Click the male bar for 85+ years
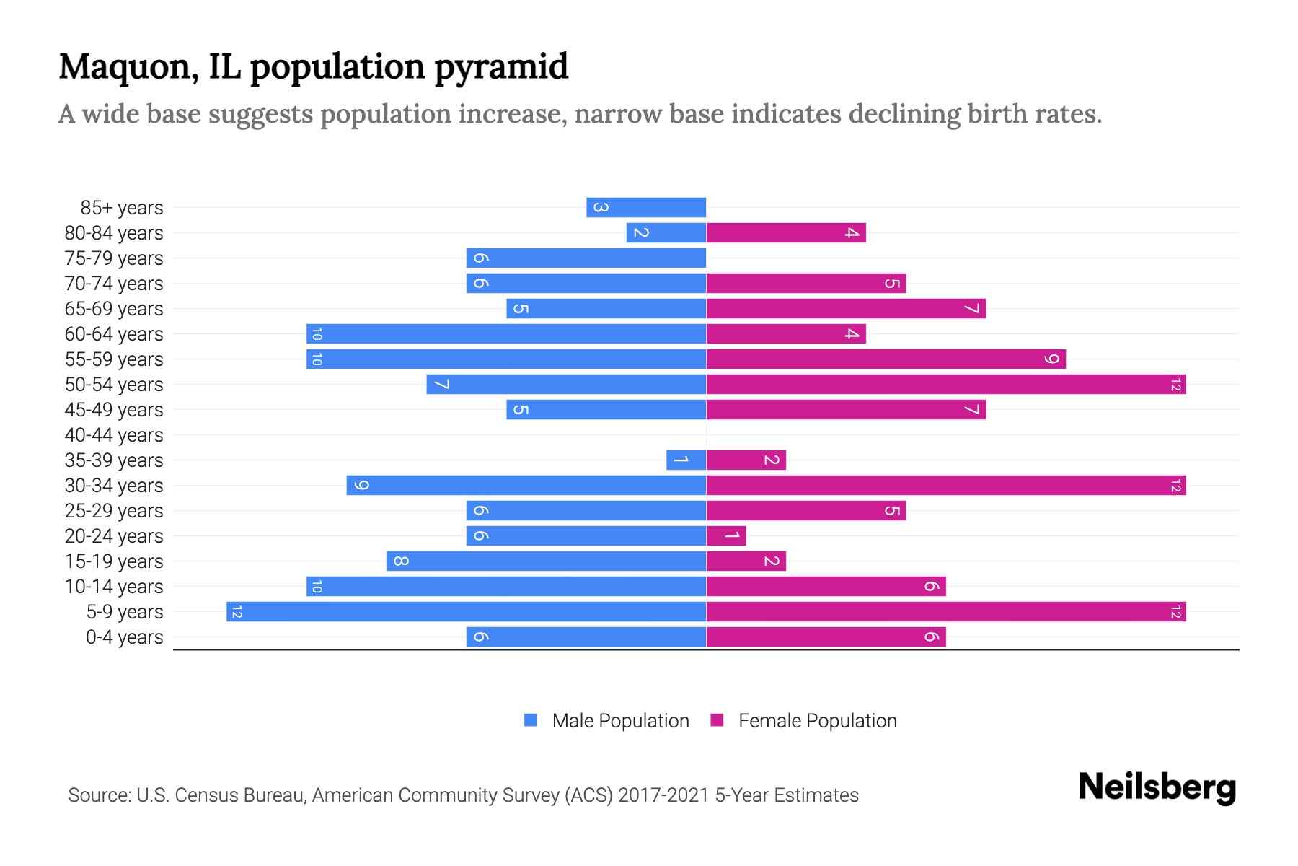(646, 208)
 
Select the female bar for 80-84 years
(785, 233)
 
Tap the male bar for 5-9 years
(466, 612)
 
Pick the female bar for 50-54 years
(945, 385)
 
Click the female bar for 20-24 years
(725, 536)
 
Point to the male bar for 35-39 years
(686, 460)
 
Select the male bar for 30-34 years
(526, 486)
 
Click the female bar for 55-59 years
(886, 359)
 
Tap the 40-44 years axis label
(114, 435)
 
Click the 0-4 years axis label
(124, 637)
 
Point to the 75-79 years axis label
(114, 258)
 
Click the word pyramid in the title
(501, 67)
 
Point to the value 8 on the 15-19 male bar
(401, 561)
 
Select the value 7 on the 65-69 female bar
(972, 309)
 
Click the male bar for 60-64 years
(505, 334)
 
